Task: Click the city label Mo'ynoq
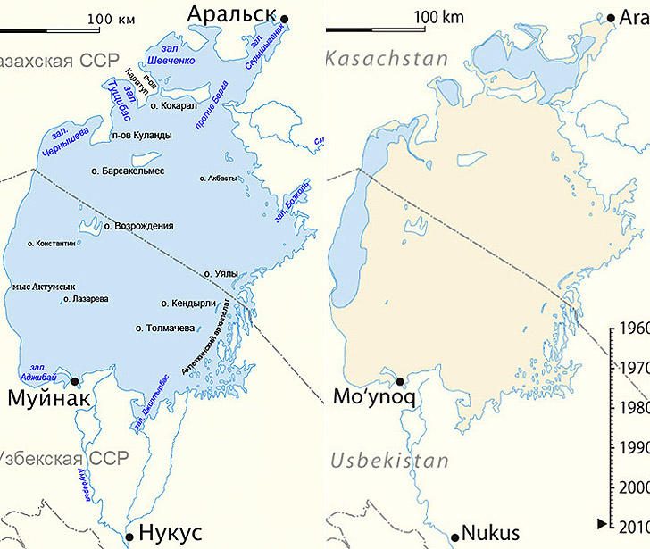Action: (362, 397)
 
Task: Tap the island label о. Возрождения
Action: (138, 226)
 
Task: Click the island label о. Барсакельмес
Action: (128, 170)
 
